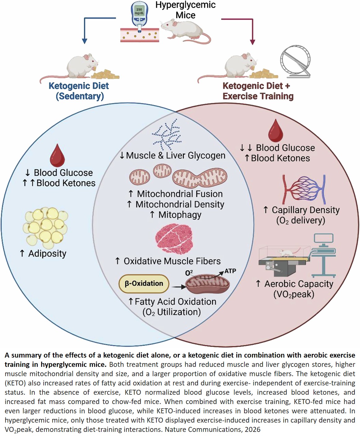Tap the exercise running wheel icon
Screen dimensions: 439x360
pos(295,62)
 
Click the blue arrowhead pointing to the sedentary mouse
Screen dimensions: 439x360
pos(84,41)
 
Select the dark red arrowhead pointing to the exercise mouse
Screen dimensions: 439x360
pos(252,42)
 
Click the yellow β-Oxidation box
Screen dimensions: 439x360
pos(144,284)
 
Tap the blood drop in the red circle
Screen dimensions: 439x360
pos(275,131)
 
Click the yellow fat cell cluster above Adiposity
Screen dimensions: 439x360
pos(46,228)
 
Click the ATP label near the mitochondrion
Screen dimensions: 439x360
pos(230,271)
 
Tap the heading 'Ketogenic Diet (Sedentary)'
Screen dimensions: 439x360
pos(79,91)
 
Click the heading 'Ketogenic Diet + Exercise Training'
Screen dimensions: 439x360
pos(257,91)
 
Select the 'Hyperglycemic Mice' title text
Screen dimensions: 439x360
pos(185,10)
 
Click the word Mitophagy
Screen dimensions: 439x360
pos(180,215)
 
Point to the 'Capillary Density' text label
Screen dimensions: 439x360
pos(305,210)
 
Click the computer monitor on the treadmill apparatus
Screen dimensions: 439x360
pos(323,239)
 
